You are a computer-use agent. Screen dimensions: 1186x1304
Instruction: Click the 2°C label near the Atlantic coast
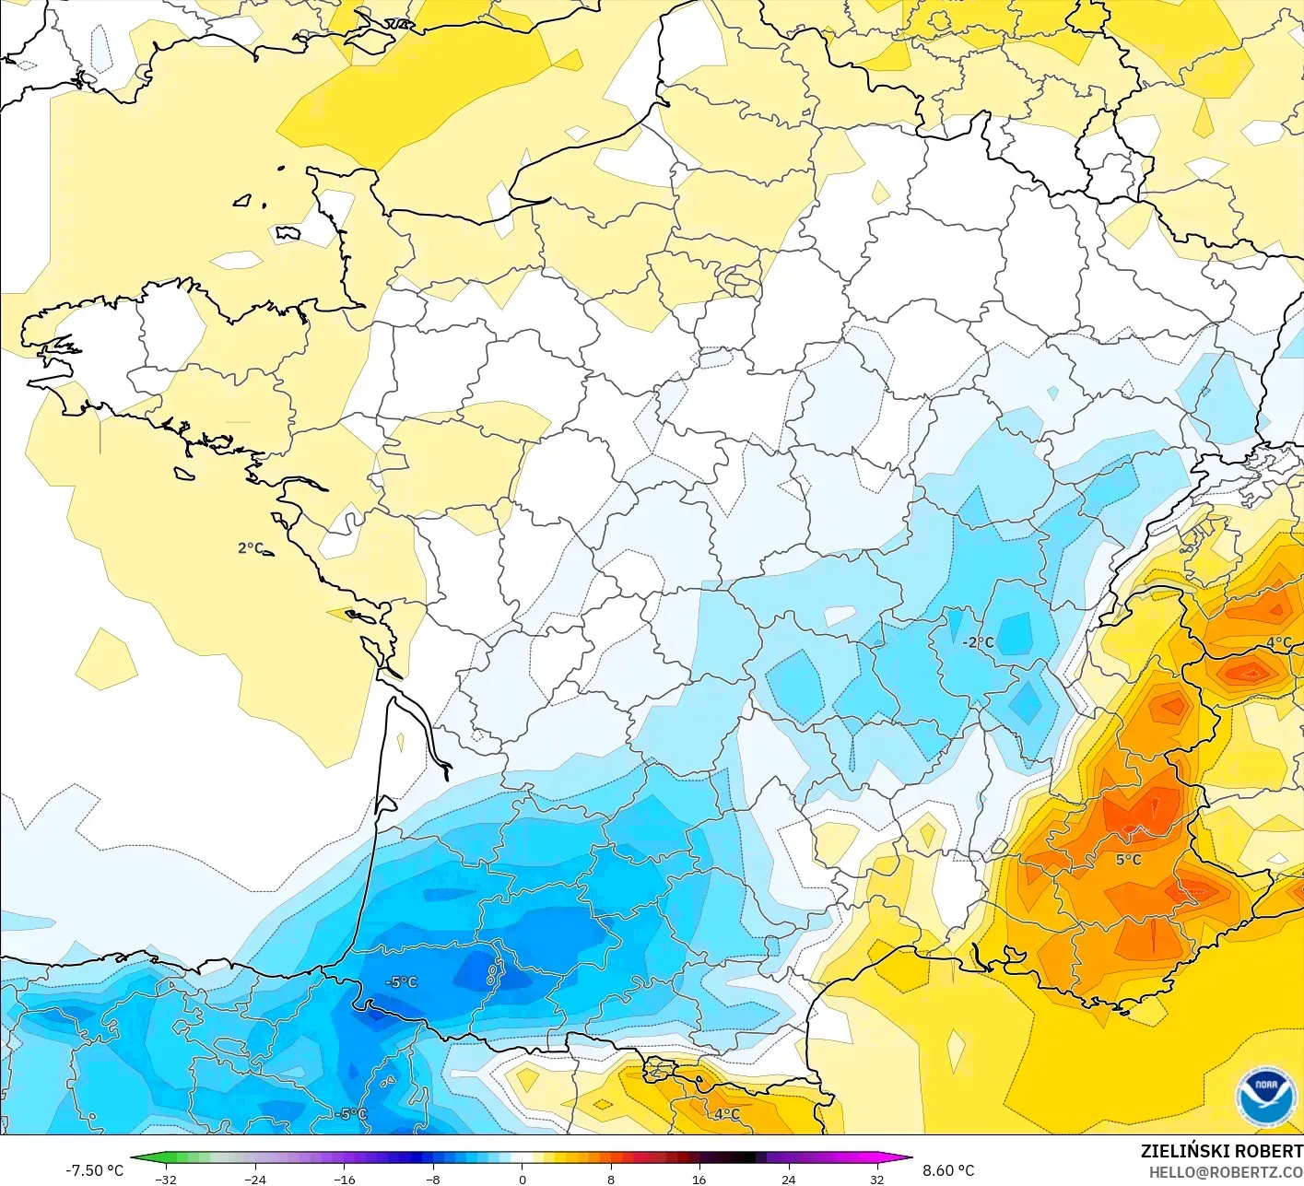point(251,548)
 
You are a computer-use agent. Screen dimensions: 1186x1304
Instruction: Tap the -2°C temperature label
point(978,642)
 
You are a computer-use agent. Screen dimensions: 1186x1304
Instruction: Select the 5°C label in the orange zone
point(1128,860)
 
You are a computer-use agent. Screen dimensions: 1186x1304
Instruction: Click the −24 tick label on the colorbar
point(254,1179)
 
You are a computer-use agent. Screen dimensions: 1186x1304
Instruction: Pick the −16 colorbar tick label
point(344,1179)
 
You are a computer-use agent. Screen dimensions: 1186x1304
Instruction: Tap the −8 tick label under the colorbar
point(433,1179)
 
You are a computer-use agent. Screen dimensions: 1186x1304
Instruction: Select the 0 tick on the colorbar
point(523,1179)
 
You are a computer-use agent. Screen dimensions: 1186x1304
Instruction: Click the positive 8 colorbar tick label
point(610,1179)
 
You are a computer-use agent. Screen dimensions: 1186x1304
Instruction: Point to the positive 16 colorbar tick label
point(699,1179)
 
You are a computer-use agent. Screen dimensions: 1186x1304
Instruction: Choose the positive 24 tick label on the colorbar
point(789,1179)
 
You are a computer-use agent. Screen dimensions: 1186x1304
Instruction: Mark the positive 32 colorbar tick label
point(877,1179)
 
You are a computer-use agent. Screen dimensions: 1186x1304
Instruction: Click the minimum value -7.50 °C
point(94,1170)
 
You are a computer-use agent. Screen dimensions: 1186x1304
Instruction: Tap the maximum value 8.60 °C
point(948,1170)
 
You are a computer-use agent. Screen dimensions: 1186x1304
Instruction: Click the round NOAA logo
point(1265,1096)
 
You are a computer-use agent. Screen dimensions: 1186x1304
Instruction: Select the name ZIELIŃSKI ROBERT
point(1221,1151)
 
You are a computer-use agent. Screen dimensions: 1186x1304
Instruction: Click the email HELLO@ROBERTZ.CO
point(1226,1171)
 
